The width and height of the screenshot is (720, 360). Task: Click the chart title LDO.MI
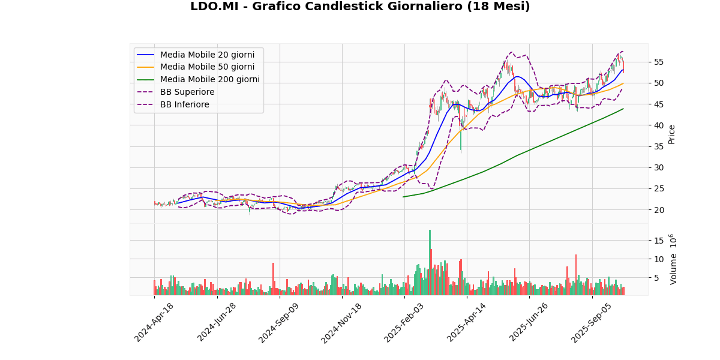click(360, 7)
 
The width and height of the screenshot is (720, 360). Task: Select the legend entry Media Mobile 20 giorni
click(207, 55)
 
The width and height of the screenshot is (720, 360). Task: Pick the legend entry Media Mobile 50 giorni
click(207, 67)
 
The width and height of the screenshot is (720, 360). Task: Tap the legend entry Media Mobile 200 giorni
click(209, 80)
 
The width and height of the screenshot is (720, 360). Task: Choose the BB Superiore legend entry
click(187, 92)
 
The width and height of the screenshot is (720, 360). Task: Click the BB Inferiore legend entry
click(184, 105)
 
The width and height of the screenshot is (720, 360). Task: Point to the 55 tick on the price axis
click(658, 62)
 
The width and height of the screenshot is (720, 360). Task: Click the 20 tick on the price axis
click(658, 210)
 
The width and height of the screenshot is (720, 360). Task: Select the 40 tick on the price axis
click(658, 125)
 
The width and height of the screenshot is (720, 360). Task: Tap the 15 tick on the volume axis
click(658, 241)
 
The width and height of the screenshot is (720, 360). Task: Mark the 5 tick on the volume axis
click(656, 278)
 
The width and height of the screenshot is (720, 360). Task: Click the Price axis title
click(672, 134)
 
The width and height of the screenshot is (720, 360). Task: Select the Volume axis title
click(673, 259)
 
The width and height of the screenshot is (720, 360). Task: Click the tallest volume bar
click(430, 263)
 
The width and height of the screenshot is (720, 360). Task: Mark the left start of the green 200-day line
click(403, 197)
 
